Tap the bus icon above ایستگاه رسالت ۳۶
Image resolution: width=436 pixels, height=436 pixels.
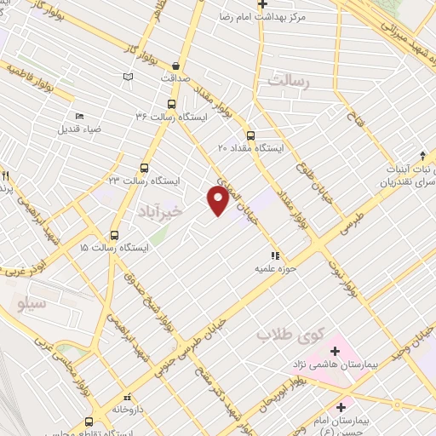tap(172, 104)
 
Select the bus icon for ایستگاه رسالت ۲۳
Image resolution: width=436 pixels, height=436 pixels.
tap(143, 168)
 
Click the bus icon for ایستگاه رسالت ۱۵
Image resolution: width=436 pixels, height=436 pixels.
tap(115, 234)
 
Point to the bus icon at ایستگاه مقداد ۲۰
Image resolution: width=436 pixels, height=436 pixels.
tap(250, 135)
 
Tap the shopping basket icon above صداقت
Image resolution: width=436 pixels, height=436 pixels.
tap(176, 65)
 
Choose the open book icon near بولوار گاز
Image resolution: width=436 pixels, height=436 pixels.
tap(128, 77)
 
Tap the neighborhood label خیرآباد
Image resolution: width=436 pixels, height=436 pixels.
tap(159, 210)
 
